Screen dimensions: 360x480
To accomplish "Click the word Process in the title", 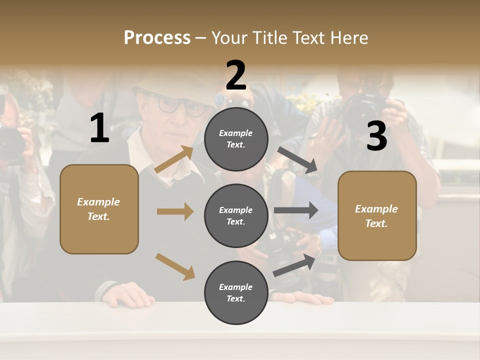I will click(157, 37).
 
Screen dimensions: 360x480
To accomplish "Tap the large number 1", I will click(99, 128).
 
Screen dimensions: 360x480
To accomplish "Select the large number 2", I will click(236, 75).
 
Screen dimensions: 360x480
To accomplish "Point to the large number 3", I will click(376, 136).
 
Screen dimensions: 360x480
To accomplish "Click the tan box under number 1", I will click(99, 209).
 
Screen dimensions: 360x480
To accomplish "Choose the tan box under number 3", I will click(377, 215).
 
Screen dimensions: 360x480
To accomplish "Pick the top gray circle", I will click(236, 139).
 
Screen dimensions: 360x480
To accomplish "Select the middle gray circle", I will click(236, 215).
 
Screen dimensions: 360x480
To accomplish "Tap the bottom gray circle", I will click(236, 292).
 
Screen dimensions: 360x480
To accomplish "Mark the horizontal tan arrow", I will click(175, 211).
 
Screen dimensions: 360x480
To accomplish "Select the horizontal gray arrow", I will click(296, 210).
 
